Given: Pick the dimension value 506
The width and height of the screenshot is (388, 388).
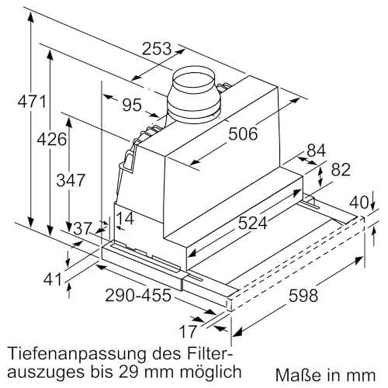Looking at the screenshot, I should [x=243, y=134].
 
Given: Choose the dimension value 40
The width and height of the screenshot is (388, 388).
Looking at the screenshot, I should [x=358, y=203].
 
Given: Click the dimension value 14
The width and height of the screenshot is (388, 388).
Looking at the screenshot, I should [x=126, y=220].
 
